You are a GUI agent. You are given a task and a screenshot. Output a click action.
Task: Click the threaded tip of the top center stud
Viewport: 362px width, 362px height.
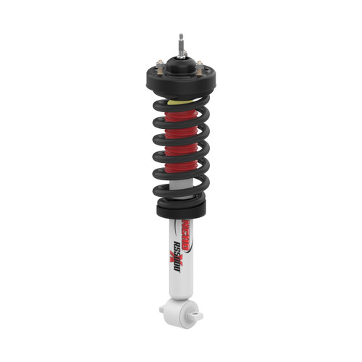pos(179,37)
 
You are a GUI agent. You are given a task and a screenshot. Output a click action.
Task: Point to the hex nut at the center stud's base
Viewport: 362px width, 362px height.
pos(179,53)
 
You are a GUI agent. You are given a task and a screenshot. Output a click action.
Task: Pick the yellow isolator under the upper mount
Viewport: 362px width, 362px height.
pos(176,102)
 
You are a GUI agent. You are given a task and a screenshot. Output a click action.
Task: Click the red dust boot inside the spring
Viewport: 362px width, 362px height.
pos(181,145)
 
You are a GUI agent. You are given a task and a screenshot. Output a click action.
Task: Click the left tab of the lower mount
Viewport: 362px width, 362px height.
pos(164,309)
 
